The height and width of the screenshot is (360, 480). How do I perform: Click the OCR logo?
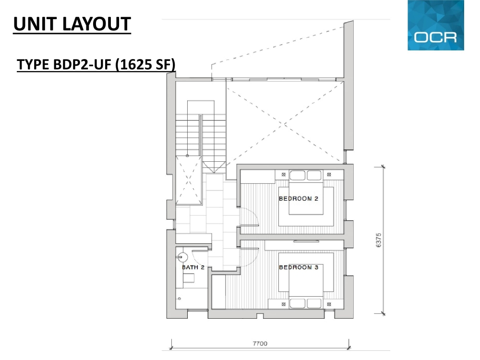(x=436, y=25)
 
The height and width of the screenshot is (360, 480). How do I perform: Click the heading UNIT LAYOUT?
(x=72, y=24)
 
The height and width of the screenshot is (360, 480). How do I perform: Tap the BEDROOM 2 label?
(x=299, y=199)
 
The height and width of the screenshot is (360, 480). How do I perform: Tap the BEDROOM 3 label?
(x=299, y=267)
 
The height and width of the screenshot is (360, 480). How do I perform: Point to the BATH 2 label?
(x=193, y=267)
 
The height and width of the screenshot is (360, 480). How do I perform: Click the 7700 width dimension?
(x=260, y=344)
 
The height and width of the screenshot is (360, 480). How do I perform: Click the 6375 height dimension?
(x=378, y=240)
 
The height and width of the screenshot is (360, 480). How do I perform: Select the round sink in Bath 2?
(x=183, y=257)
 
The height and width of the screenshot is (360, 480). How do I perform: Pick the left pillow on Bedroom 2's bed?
(x=297, y=175)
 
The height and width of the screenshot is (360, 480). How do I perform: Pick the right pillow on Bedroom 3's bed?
(x=314, y=303)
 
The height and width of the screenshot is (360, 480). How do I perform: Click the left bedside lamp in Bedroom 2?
(x=284, y=175)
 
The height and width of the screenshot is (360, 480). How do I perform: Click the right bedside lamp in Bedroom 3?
(x=329, y=304)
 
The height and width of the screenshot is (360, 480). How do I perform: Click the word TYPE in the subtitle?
(x=34, y=65)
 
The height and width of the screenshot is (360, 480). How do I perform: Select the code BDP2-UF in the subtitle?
(x=82, y=65)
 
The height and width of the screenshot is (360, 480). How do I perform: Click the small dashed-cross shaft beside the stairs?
(x=189, y=180)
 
